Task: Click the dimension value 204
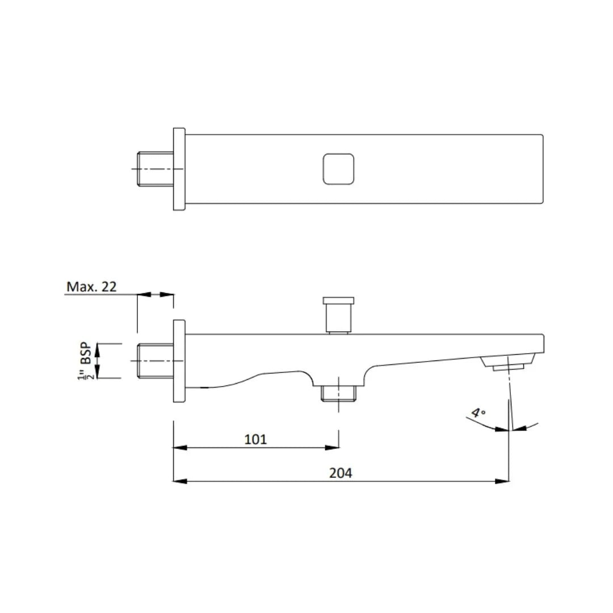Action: coord(341,472)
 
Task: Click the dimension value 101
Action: coord(255,439)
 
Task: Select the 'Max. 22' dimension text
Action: coord(91,287)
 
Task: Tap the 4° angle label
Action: coord(478,413)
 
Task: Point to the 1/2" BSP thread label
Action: coord(86,360)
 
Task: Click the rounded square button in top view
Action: coord(338,169)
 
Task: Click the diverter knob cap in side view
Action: coord(338,300)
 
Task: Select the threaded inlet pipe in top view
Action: coord(155,169)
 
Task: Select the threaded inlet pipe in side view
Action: coord(155,361)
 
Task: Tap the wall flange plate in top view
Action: coord(179,169)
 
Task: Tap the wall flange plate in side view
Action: coord(179,361)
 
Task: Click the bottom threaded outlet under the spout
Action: coord(338,393)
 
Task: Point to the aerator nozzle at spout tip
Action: coord(509,363)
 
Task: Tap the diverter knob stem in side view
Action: coord(338,318)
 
